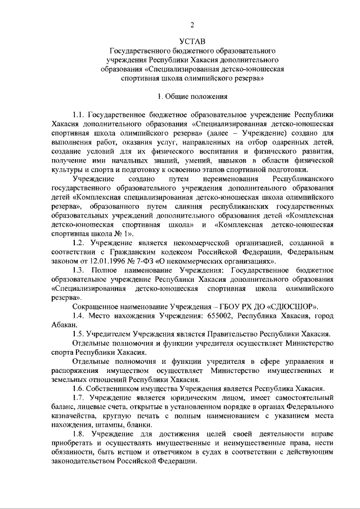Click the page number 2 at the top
192,24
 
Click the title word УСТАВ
192,41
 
